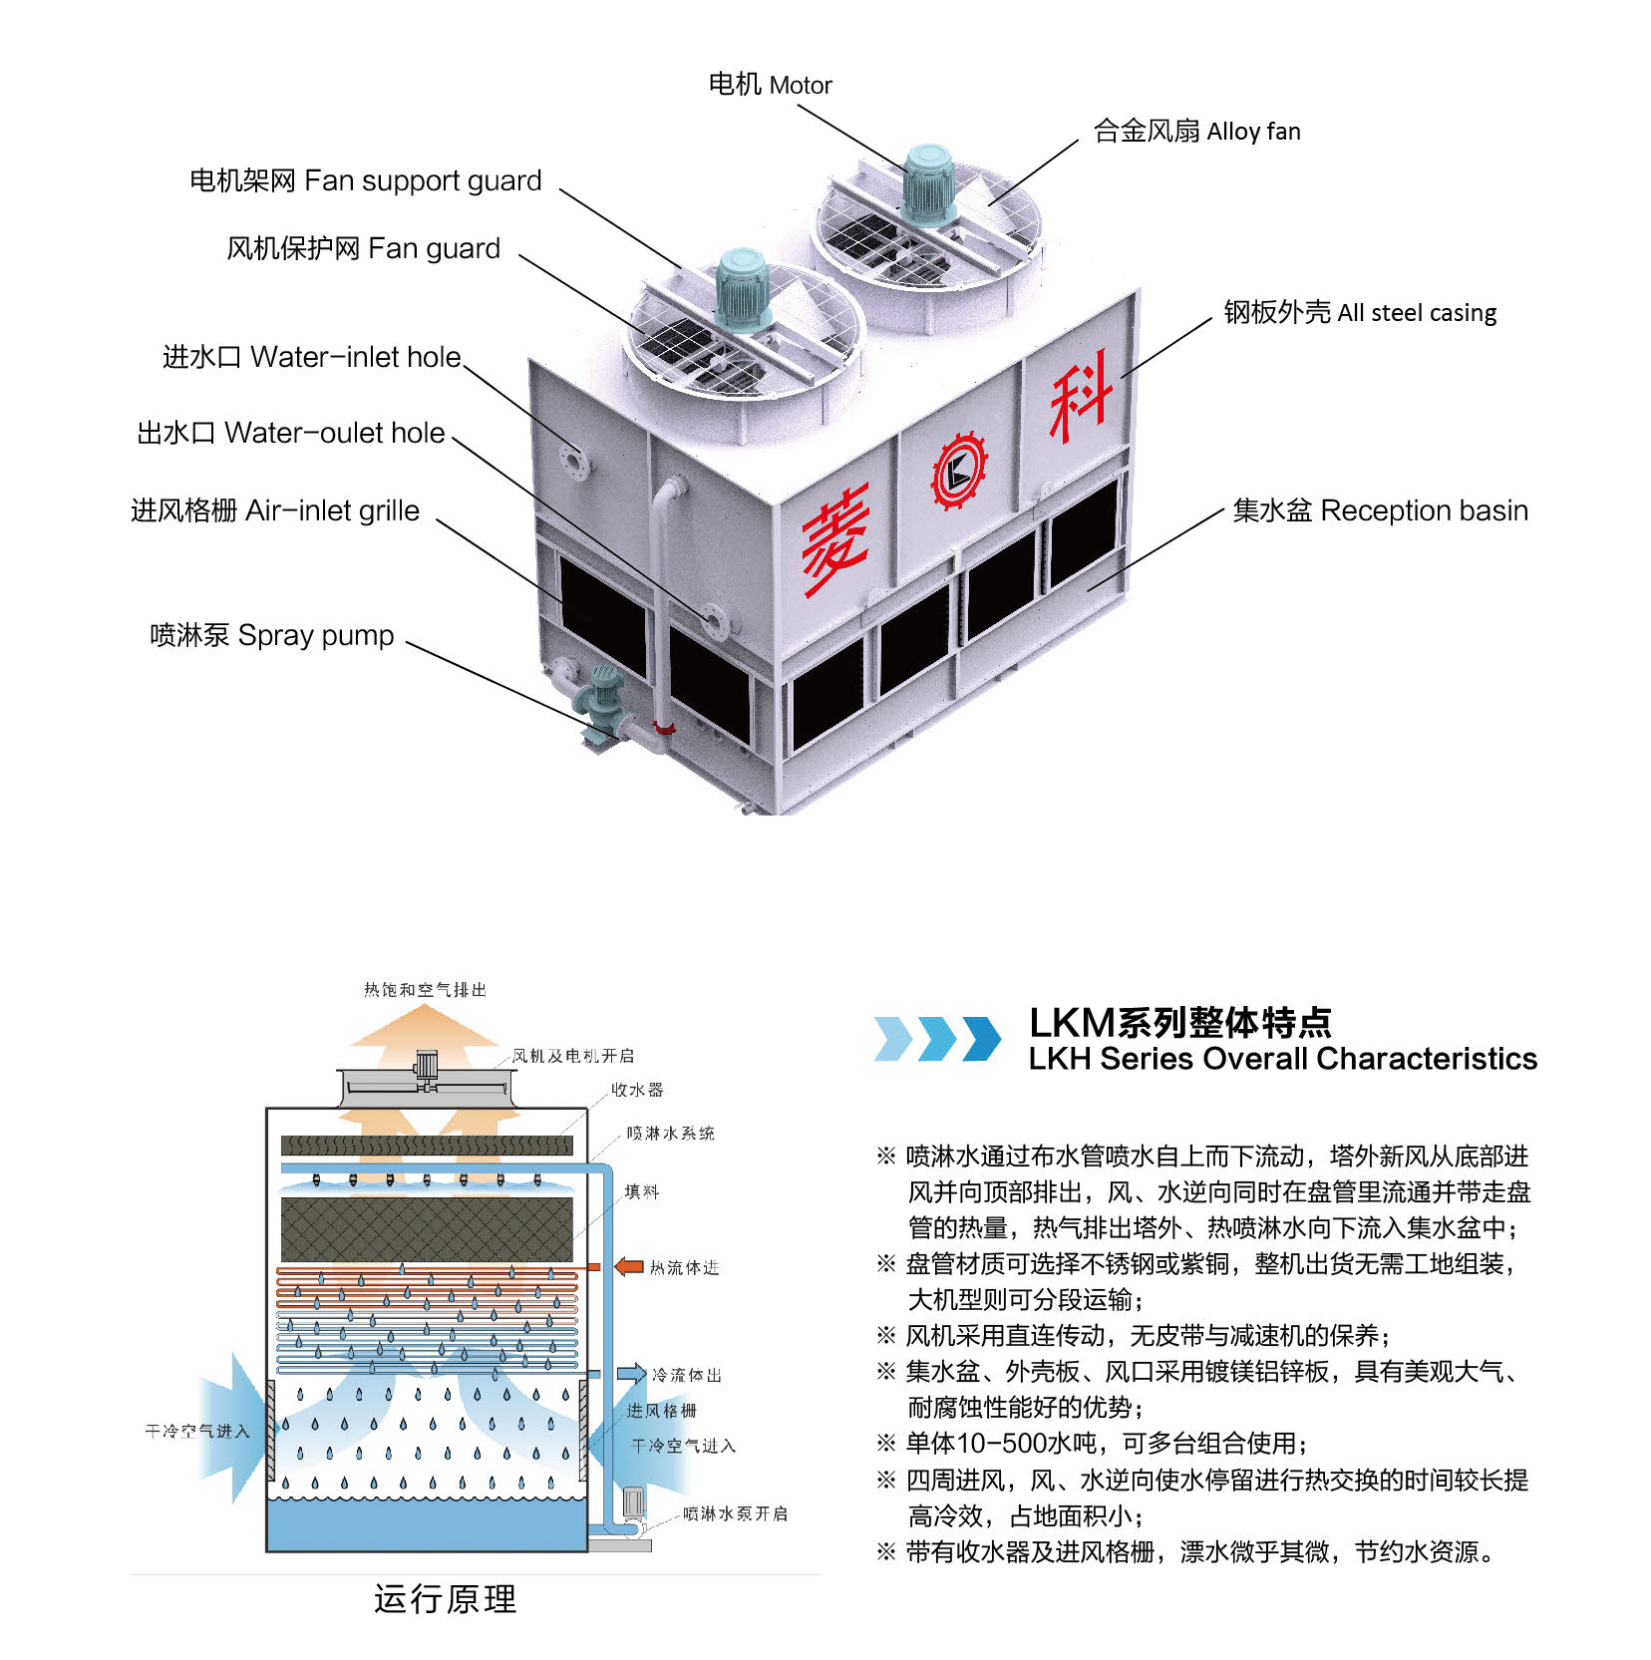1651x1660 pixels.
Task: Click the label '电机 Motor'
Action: (770, 85)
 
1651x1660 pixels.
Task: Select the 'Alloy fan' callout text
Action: (1196, 132)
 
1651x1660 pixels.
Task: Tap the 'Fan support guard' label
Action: (365, 180)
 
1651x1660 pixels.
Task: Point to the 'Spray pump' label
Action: (272, 635)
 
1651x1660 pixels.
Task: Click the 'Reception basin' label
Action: (1380, 510)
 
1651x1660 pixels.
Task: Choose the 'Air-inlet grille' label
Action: (275, 510)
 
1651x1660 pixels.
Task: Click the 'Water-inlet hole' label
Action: (311, 357)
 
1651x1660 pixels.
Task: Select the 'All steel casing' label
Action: (1360, 313)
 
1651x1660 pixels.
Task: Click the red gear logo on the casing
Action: (959, 472)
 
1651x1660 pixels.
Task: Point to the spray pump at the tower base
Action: (604, 703)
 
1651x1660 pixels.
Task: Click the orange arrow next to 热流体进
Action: (629, 1266)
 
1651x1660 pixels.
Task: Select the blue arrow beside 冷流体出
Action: (631, 1374)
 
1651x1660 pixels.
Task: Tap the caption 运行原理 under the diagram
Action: (445, 1598)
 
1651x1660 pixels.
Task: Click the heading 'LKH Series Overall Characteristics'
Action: (1282, 1059)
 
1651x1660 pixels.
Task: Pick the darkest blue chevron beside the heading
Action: (982, 1038)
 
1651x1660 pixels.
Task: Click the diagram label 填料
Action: (641, 1191)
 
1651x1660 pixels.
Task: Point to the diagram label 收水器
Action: (637, 1090)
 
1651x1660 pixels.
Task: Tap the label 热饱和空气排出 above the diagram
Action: (425, 990)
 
